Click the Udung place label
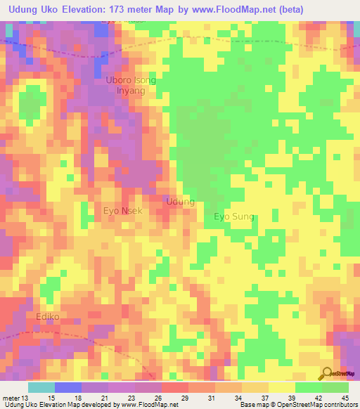(180, 202)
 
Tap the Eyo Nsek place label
(123, 211)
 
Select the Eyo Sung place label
(234, 216)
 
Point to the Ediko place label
(49, 317)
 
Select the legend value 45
(345, 398)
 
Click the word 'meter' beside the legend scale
(12, 398)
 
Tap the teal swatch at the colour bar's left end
(41, 387)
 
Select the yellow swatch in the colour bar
(281, 387)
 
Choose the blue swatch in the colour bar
(68, 387)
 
